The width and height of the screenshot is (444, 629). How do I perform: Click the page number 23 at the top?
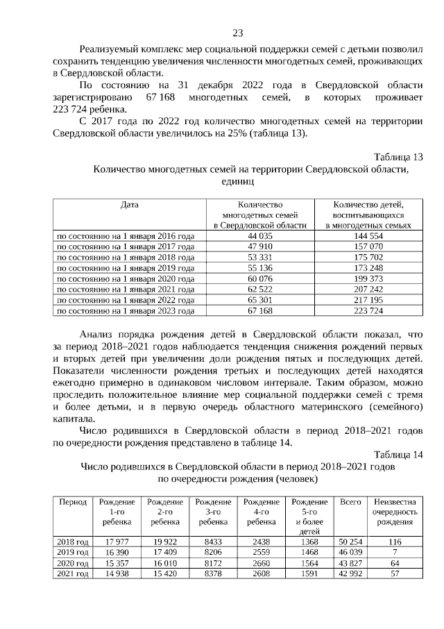click(x=237, y=33)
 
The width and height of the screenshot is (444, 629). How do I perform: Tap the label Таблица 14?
click(x=398, y=455)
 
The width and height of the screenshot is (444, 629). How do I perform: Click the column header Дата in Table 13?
click(x=130, y=205)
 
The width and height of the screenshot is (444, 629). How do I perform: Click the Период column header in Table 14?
click(x=73, y=501)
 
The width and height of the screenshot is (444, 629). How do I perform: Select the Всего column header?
click(x=350, y=501)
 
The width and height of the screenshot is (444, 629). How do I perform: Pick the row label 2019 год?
click(x=73, y=552)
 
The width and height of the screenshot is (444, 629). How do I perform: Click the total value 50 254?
click(x=350, y=541)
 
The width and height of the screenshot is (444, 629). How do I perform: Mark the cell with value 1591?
click(x=309, y=573)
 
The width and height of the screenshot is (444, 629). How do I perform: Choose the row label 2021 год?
click(x=73, y=573)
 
